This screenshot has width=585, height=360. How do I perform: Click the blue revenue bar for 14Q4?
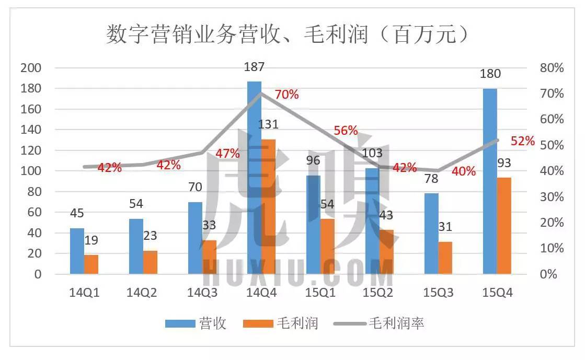pos(254,178)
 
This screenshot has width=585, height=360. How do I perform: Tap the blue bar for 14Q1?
pos(77,251)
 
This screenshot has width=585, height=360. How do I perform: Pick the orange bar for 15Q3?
pos(445,258)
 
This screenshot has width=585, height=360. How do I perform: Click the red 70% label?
pos(286,95)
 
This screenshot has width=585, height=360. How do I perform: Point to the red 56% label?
pos(346,131)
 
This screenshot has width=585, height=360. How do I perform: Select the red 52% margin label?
pos(523,141)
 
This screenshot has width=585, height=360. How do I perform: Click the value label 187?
pos(254,67)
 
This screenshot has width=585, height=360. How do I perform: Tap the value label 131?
pos(268,124)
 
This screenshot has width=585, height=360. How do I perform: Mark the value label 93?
pos(504,163)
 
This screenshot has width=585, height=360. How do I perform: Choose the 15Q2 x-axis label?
pos(379,293)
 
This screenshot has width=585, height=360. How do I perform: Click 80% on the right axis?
pos(552,68)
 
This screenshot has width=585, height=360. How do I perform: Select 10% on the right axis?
pos(552,248)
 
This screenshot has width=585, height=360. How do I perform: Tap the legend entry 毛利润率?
pos(397,323)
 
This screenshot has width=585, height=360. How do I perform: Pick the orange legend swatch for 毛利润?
pos(258,324)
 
